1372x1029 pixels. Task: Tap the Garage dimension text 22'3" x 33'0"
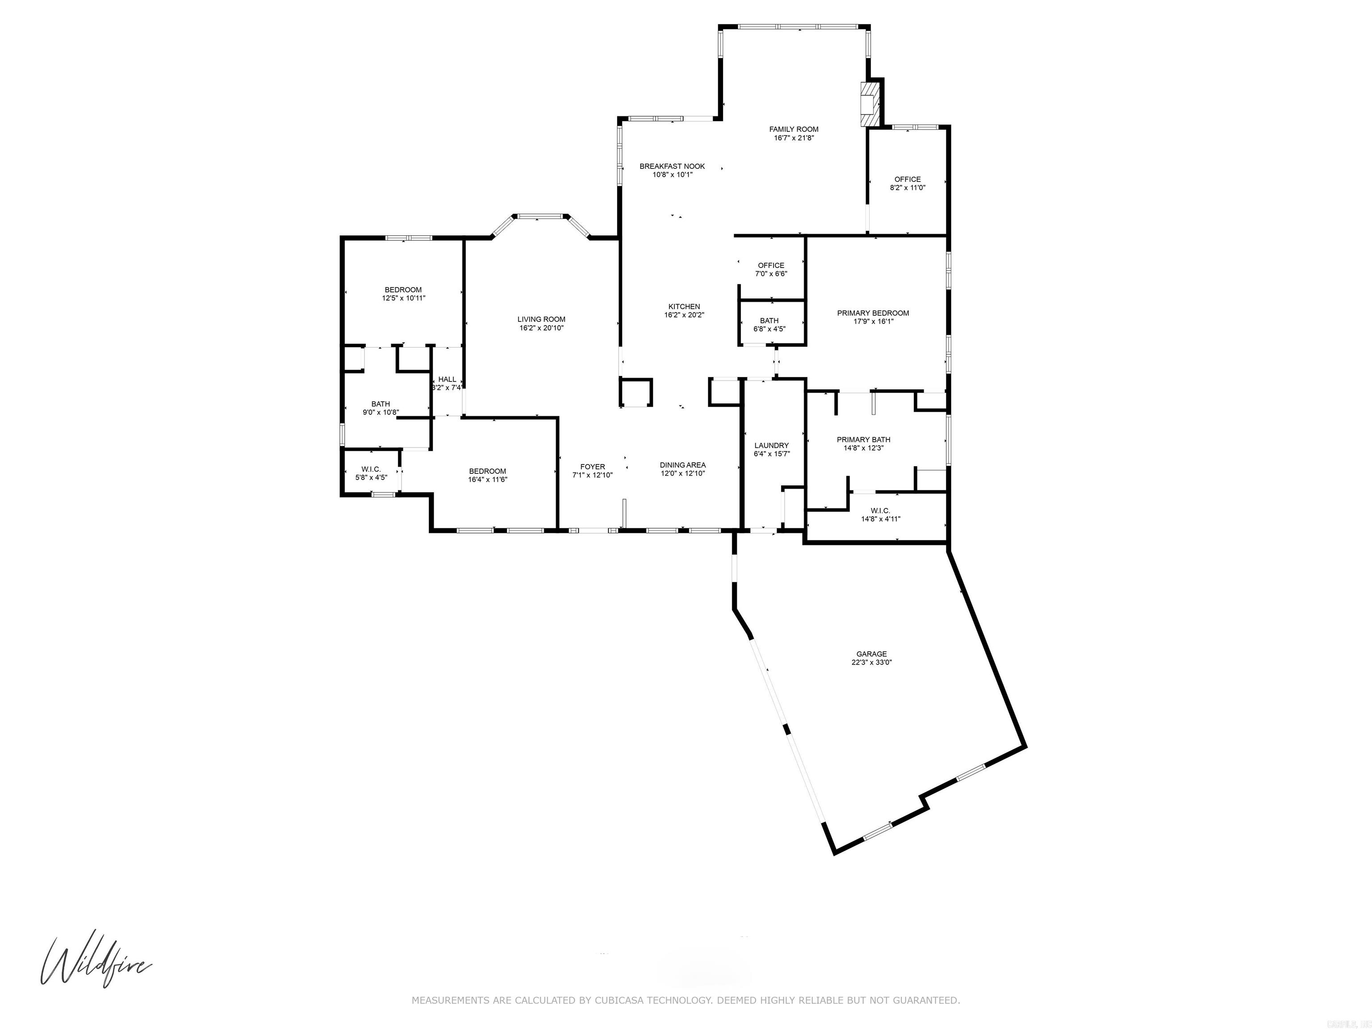(x=871, y=662)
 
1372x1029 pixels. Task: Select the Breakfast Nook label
(x=672, y=166)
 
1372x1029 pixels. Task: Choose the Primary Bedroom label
(x=873, y=313)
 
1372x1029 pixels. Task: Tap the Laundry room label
(x=771, y=445)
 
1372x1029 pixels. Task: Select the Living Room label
(x=541, y=319)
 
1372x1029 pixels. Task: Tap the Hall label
(x=447, y=380)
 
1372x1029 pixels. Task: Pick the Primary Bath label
(x=863, y=440)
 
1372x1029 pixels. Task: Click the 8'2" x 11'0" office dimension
(x=908, y=188)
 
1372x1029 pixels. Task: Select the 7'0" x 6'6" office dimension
(x=771, y=273)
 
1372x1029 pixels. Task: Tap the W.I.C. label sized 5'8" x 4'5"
(x=371, y=469)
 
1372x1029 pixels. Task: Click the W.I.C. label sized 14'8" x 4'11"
(x=880, y=511)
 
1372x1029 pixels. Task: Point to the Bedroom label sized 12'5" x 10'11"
(x=403, y=290)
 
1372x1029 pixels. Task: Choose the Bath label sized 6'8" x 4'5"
(x=769, y=321)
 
